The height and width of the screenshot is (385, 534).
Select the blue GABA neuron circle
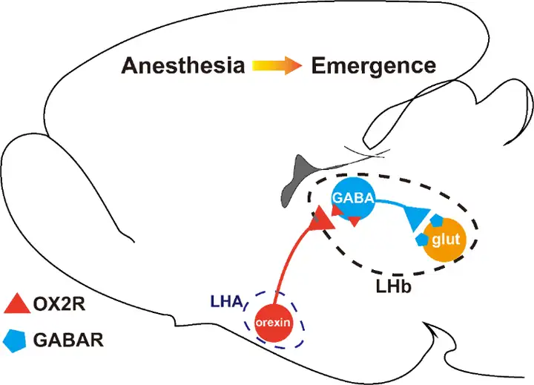tap(352, 198)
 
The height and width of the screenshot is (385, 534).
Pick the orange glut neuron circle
tap(446, 239)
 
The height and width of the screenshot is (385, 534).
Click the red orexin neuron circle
tap(275, 323)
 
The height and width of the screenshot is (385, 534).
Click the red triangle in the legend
tap(16, 303)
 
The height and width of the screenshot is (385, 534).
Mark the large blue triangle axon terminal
tap(418, 218)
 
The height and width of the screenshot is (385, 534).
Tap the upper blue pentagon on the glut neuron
tap(438, 220)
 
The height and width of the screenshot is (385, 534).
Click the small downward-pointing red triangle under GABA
tap(355, 220)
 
